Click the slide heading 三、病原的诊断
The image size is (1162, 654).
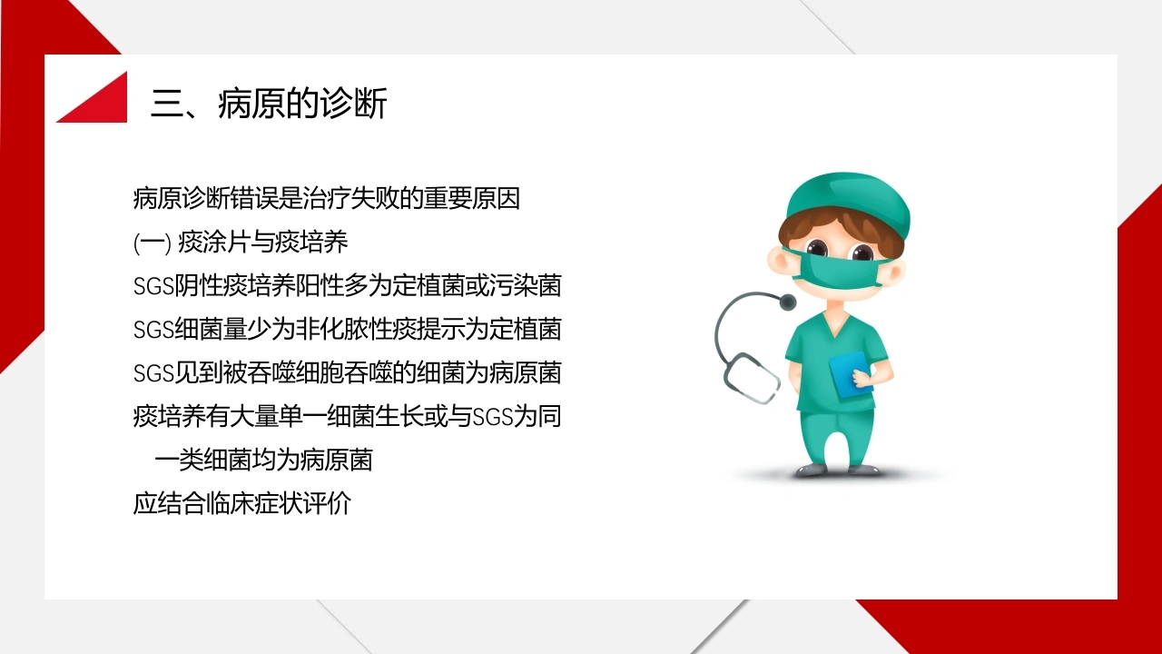coord(269,104)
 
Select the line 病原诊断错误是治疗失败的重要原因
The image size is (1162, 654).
coord(326,198)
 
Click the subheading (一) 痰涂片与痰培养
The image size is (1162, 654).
coord(241,242)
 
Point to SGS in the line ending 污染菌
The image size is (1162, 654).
coord(153,286)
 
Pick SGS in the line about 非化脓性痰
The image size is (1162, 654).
coord(153,330)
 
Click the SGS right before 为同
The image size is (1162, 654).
coord(493,417)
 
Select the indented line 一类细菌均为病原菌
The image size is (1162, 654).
coord(263,460)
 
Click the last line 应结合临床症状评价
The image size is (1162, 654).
coord(241,503)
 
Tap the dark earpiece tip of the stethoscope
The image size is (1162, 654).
coord(788,301)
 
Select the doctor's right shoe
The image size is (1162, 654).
coord(812,470)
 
